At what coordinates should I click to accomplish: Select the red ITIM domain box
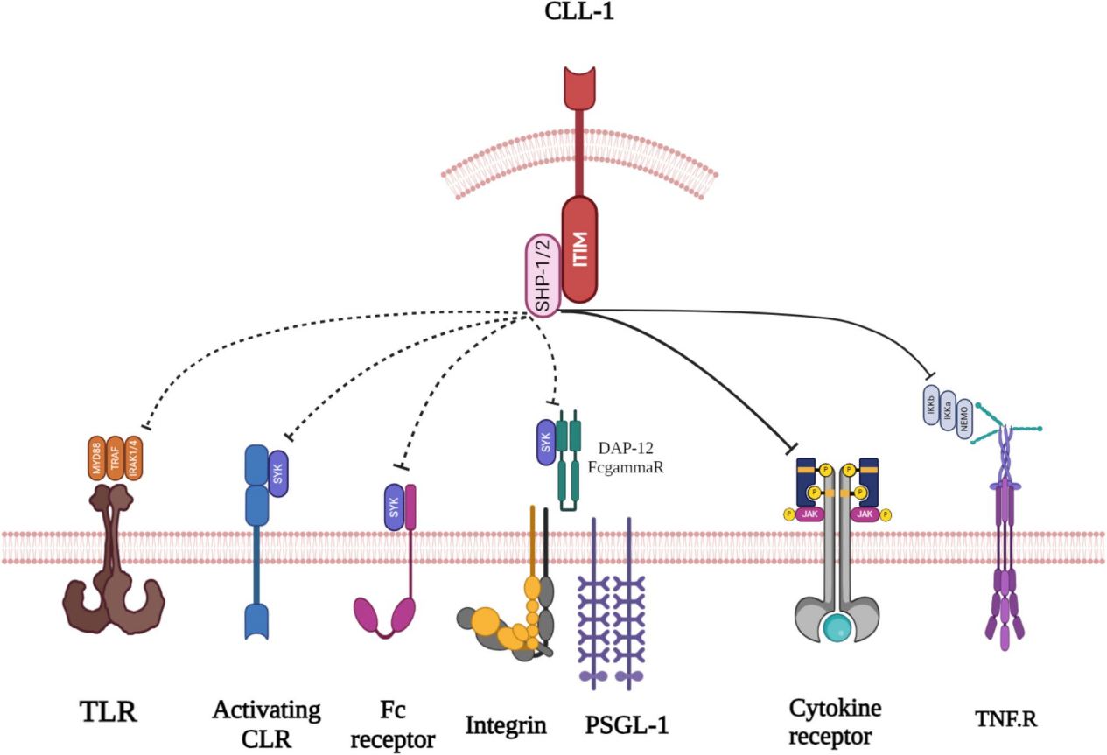coord(579,248)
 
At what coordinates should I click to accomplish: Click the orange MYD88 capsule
coord(97,457)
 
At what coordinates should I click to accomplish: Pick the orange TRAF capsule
coord(116,457)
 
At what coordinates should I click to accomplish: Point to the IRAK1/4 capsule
coord(134,457)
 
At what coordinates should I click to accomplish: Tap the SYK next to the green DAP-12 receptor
coord(546,442)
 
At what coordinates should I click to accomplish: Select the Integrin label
coord(506,725)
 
